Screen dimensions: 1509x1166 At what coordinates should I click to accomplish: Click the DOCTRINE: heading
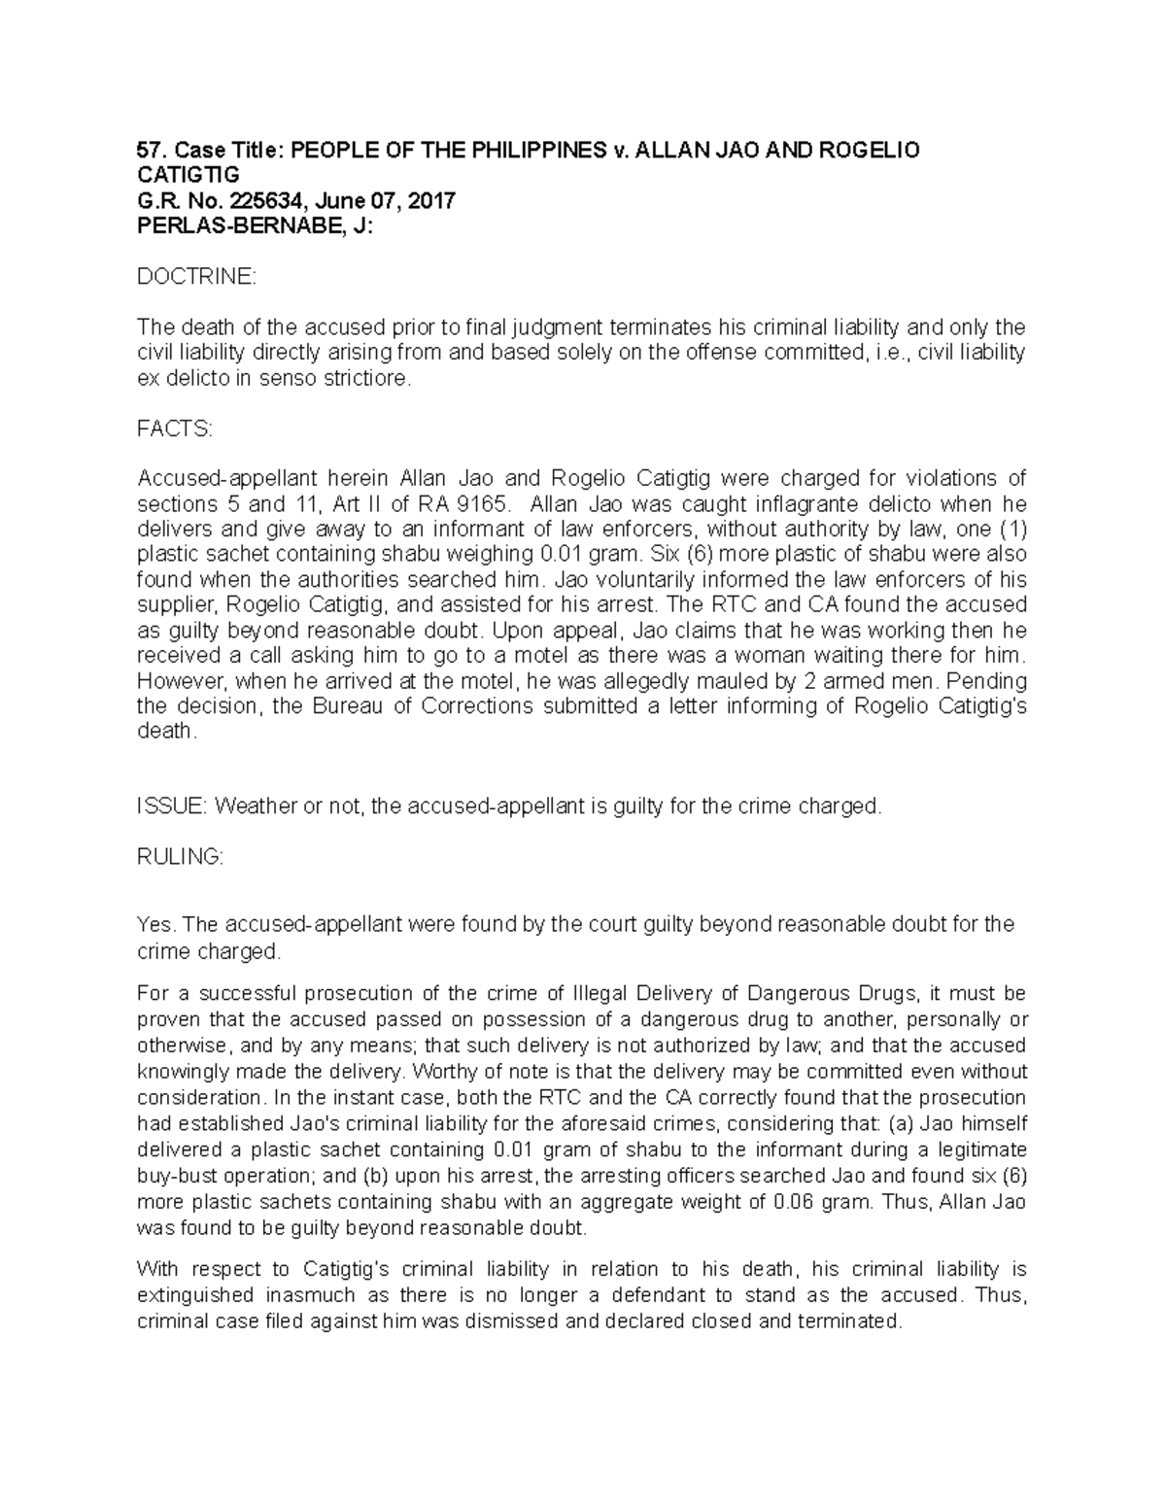[x=196, y=278]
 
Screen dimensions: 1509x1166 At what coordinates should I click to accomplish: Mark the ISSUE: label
[x=172, y=806]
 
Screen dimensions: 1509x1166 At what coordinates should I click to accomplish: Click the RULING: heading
[x=181, y=857]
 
